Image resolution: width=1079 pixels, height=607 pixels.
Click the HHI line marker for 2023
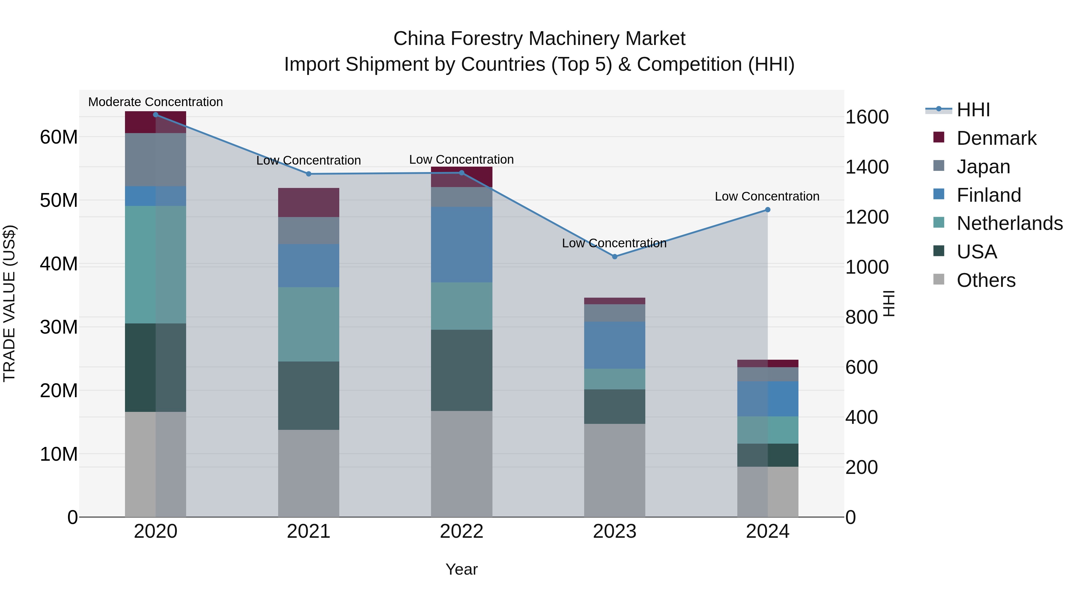614,256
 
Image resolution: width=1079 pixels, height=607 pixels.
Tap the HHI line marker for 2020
155,115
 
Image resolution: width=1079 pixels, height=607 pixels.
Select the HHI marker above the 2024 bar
767,210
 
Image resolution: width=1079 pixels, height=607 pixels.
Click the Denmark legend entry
996,138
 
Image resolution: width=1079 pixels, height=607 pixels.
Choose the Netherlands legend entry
1009,223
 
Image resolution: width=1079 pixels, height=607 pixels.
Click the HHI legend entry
973,110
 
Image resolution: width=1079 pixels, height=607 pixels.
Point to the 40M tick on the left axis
59,264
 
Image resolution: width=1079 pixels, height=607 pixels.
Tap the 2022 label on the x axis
461,531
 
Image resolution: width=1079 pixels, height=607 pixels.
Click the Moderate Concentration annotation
155,102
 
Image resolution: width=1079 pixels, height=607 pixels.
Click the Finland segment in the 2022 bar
461,244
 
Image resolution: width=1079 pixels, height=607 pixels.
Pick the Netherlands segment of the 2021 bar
308,324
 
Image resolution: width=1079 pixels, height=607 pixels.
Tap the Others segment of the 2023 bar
614,470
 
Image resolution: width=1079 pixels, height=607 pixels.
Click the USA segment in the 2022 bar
461,370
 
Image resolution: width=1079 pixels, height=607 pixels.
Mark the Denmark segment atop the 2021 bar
308,202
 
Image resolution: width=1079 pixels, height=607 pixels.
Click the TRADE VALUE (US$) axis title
9,303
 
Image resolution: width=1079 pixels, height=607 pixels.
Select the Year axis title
461,569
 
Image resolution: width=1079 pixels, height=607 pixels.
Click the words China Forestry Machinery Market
539,39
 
